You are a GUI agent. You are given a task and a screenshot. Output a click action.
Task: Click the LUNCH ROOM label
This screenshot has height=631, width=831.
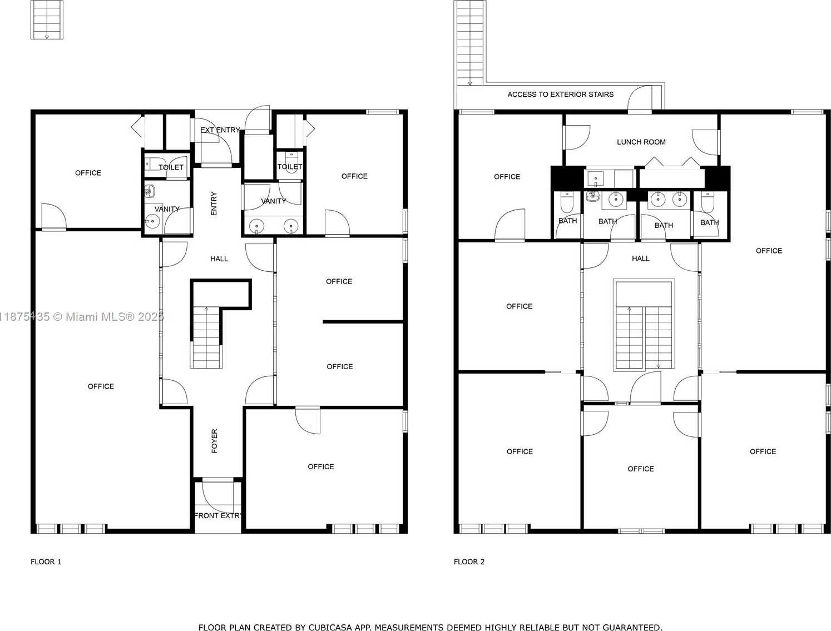(x=641, y=142)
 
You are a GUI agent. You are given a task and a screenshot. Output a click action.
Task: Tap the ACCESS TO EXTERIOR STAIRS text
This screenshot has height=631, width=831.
(x=560, y=95)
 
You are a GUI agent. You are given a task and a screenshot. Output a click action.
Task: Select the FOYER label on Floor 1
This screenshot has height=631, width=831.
(x=214, y=441)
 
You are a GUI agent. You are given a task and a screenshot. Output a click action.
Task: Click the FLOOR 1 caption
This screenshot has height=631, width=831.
(x=46, y=562)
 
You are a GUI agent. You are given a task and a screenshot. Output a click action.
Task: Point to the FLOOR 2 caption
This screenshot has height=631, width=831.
(x=469, y=562)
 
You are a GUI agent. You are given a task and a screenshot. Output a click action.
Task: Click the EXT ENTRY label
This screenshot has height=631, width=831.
(x=220, y=130)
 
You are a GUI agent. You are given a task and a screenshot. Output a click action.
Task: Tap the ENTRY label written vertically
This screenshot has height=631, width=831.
(x=214, y=203)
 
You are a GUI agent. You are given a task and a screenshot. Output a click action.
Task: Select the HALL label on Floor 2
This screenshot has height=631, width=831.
(x=641, y=259)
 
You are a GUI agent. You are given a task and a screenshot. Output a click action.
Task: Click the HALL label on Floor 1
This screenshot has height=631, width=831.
(x=219, y=259)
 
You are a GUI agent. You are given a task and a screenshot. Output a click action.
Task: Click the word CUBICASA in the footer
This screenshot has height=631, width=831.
(x=327, y=627)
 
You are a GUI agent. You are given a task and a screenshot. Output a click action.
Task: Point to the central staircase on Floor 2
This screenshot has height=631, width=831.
(x=644, y=325)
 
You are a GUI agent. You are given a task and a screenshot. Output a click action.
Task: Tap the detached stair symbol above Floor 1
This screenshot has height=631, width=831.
(x=47, y=19)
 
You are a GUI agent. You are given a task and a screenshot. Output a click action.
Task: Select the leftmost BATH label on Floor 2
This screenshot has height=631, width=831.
(x=567, y=221)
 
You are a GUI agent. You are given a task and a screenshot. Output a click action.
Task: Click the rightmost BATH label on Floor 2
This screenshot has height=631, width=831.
(x=710, y=222)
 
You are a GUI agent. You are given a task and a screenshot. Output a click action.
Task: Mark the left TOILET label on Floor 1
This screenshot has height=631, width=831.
(x=171, y=167)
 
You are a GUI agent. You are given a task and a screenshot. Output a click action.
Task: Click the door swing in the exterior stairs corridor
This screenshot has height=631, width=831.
(x=640, y=98)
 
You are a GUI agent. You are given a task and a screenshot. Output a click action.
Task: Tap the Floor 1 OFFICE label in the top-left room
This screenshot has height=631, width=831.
(x=88, y=173)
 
